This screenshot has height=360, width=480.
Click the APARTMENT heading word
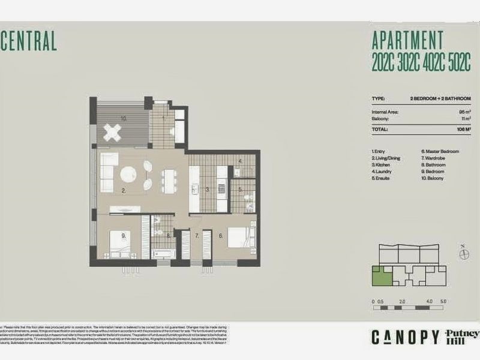click(x=407, y=41)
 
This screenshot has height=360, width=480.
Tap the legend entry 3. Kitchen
click(x=382, y=164)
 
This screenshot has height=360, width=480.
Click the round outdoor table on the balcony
click(x=112, y=131)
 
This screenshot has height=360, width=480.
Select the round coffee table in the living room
click(x=130, y=174)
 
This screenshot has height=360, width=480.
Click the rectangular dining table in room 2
click(x=169, y=178)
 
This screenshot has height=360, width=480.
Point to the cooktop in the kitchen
click(x=221, y=188)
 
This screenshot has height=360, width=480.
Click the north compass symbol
click(x=463, y=254)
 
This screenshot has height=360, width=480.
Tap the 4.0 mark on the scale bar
click(x=430, y=301)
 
